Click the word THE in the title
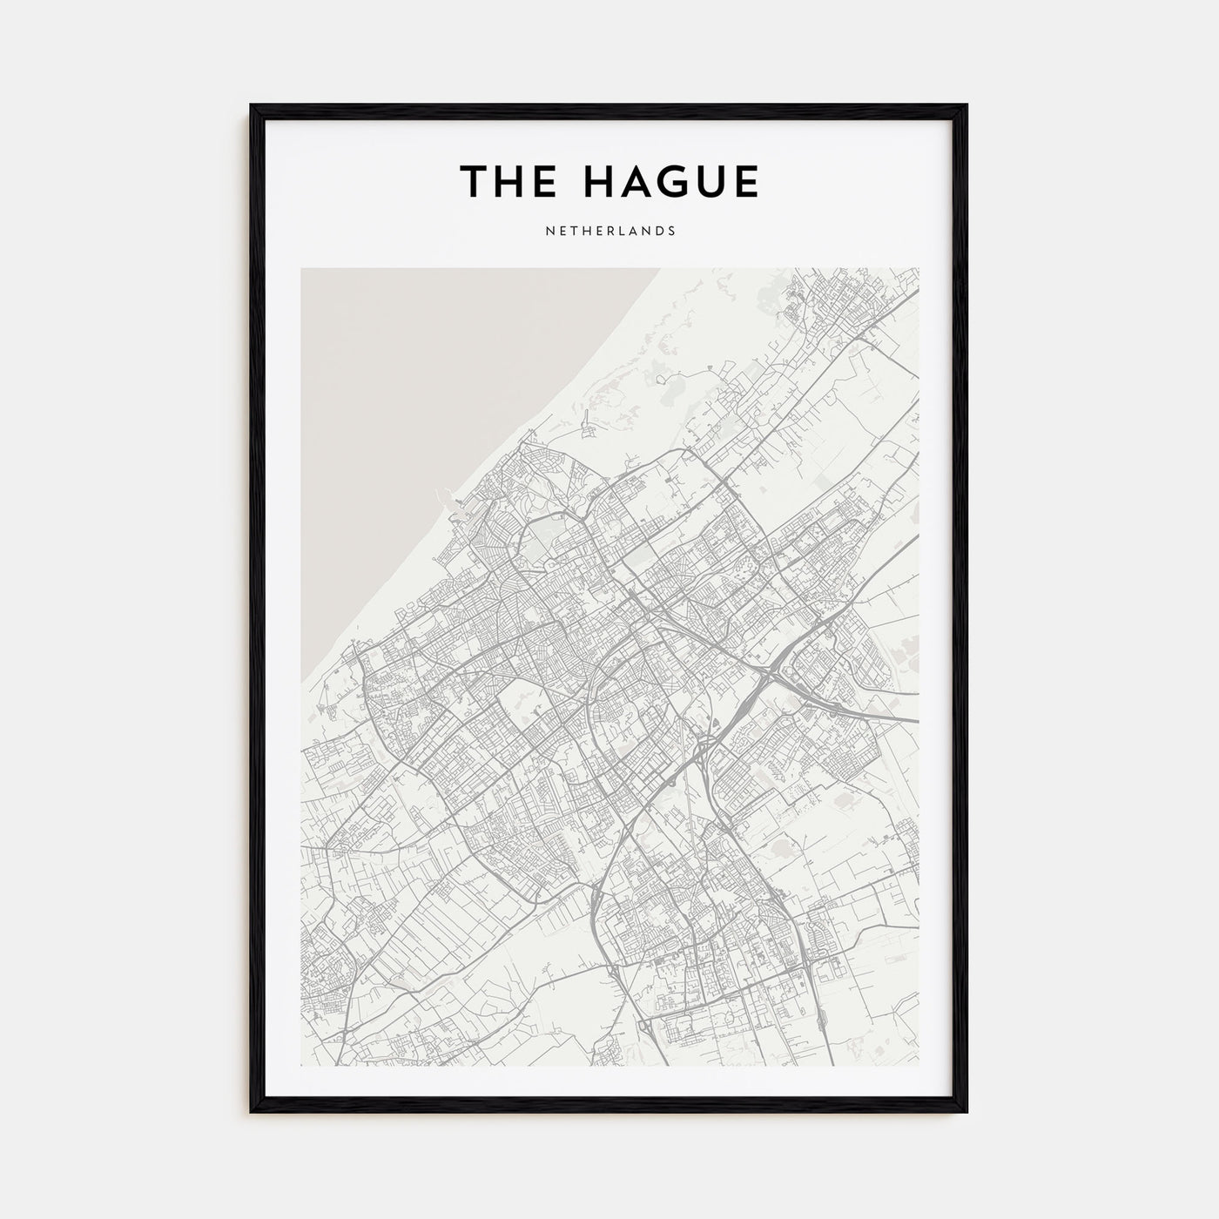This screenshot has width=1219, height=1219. [x=508, y=181]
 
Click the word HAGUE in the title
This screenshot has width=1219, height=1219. [x=670, y=181]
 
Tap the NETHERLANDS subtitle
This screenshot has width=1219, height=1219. [x=609, y=232]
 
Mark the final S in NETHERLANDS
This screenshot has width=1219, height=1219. [x=671, y=232]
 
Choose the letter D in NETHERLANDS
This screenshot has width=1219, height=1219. [x=658, y=232]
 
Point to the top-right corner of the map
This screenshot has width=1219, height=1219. [x=919, y=268]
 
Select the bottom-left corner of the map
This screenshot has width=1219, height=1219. [x=301, y=1066]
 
